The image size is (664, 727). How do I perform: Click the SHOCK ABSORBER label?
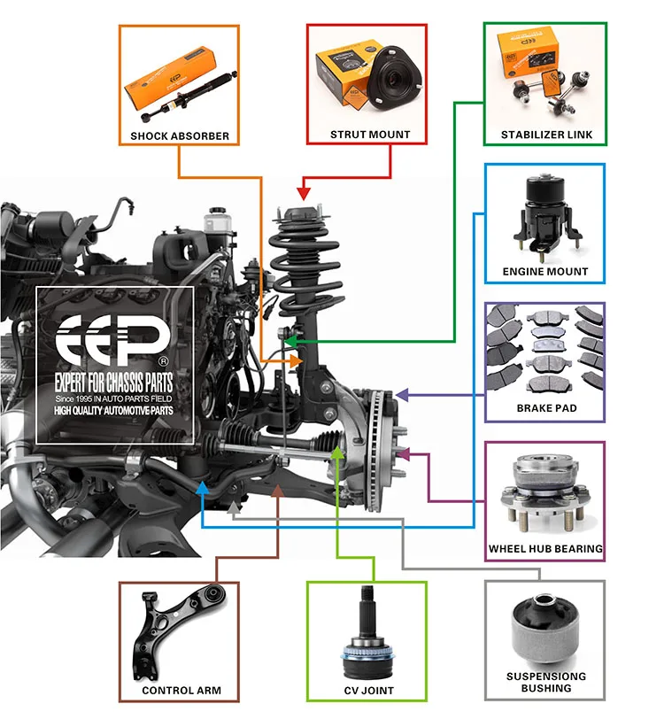(180, 136)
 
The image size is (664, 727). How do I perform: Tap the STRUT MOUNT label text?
(370, 135)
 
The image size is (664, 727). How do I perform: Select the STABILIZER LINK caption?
(546, 135)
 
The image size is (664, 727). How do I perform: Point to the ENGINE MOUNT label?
(545, 271)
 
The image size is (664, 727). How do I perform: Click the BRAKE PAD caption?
(546, 409)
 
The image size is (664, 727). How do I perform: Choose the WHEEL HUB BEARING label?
(546, 549)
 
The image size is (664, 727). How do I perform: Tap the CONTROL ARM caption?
(181, 690)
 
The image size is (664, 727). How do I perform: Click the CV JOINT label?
(368, 690)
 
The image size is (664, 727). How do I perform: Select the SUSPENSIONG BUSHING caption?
(546, 682)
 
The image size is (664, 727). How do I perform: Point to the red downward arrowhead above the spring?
(303, 192)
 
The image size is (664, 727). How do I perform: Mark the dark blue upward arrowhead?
(203, 488)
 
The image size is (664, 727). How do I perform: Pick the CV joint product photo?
(367, 631)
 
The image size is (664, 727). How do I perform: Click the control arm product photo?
(176, 630)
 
